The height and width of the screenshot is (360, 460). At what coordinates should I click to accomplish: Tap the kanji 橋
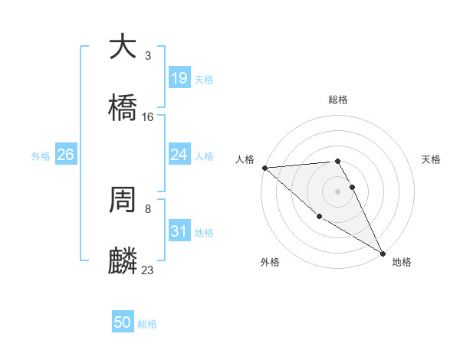point(123,106)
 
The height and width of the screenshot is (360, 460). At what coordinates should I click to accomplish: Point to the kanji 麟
point(123,260)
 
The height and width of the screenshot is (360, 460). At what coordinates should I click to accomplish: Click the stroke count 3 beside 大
point(147,56)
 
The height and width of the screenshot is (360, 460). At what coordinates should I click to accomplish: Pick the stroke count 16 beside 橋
point(148,117)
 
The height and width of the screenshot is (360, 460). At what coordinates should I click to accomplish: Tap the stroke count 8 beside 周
point(147,208)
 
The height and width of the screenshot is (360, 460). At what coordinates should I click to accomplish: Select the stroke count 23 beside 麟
point(148,270)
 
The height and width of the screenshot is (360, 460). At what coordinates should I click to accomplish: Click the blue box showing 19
point(179,78)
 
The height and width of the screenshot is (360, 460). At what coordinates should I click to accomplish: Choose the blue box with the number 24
point(179,155)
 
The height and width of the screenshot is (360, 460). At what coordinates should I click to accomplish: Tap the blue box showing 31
point(179,231)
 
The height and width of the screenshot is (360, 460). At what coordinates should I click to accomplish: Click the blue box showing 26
point(66,155)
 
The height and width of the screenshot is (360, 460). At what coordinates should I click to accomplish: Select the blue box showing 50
point(123,322)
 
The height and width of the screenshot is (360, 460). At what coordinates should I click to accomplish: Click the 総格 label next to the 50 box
point(147,324)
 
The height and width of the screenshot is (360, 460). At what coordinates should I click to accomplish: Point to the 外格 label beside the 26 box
point(41,156)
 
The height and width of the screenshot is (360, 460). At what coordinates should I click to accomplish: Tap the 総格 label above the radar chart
point(337,100)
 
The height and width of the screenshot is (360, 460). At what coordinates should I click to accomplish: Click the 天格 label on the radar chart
point(432,159)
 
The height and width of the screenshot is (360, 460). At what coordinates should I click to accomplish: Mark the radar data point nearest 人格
point(264,168)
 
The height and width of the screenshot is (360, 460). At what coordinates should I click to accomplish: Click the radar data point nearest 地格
point(383,254)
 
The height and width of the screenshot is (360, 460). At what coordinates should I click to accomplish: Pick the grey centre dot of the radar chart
point(337,191)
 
